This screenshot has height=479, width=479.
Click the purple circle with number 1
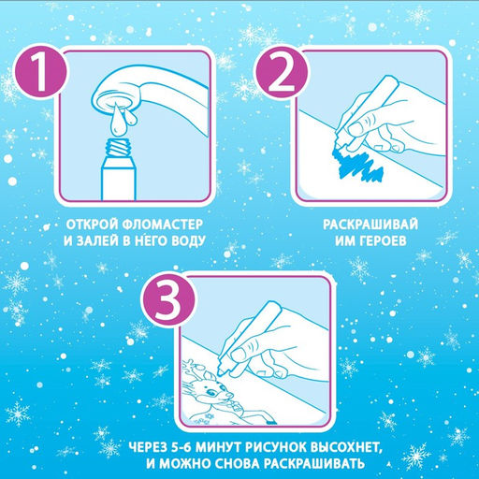pyautogui.click(x=40, y=74)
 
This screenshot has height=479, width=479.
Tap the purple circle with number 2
pyautogui.click(x=282, y=74)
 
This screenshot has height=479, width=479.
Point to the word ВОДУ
pyautogui.click(x=188, y=241)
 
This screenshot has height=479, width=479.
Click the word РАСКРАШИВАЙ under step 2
pyautogui.click(x=370, y=225)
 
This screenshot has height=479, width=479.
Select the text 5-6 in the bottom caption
pyautogui.click(x=182, y=448)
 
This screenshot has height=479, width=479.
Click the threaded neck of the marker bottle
pyautogui.click(x=118, y=147)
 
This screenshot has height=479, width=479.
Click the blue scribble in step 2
pyautogui.click(x=357, y=166)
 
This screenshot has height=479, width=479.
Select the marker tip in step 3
pyautogui.click(x=221, y=370)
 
